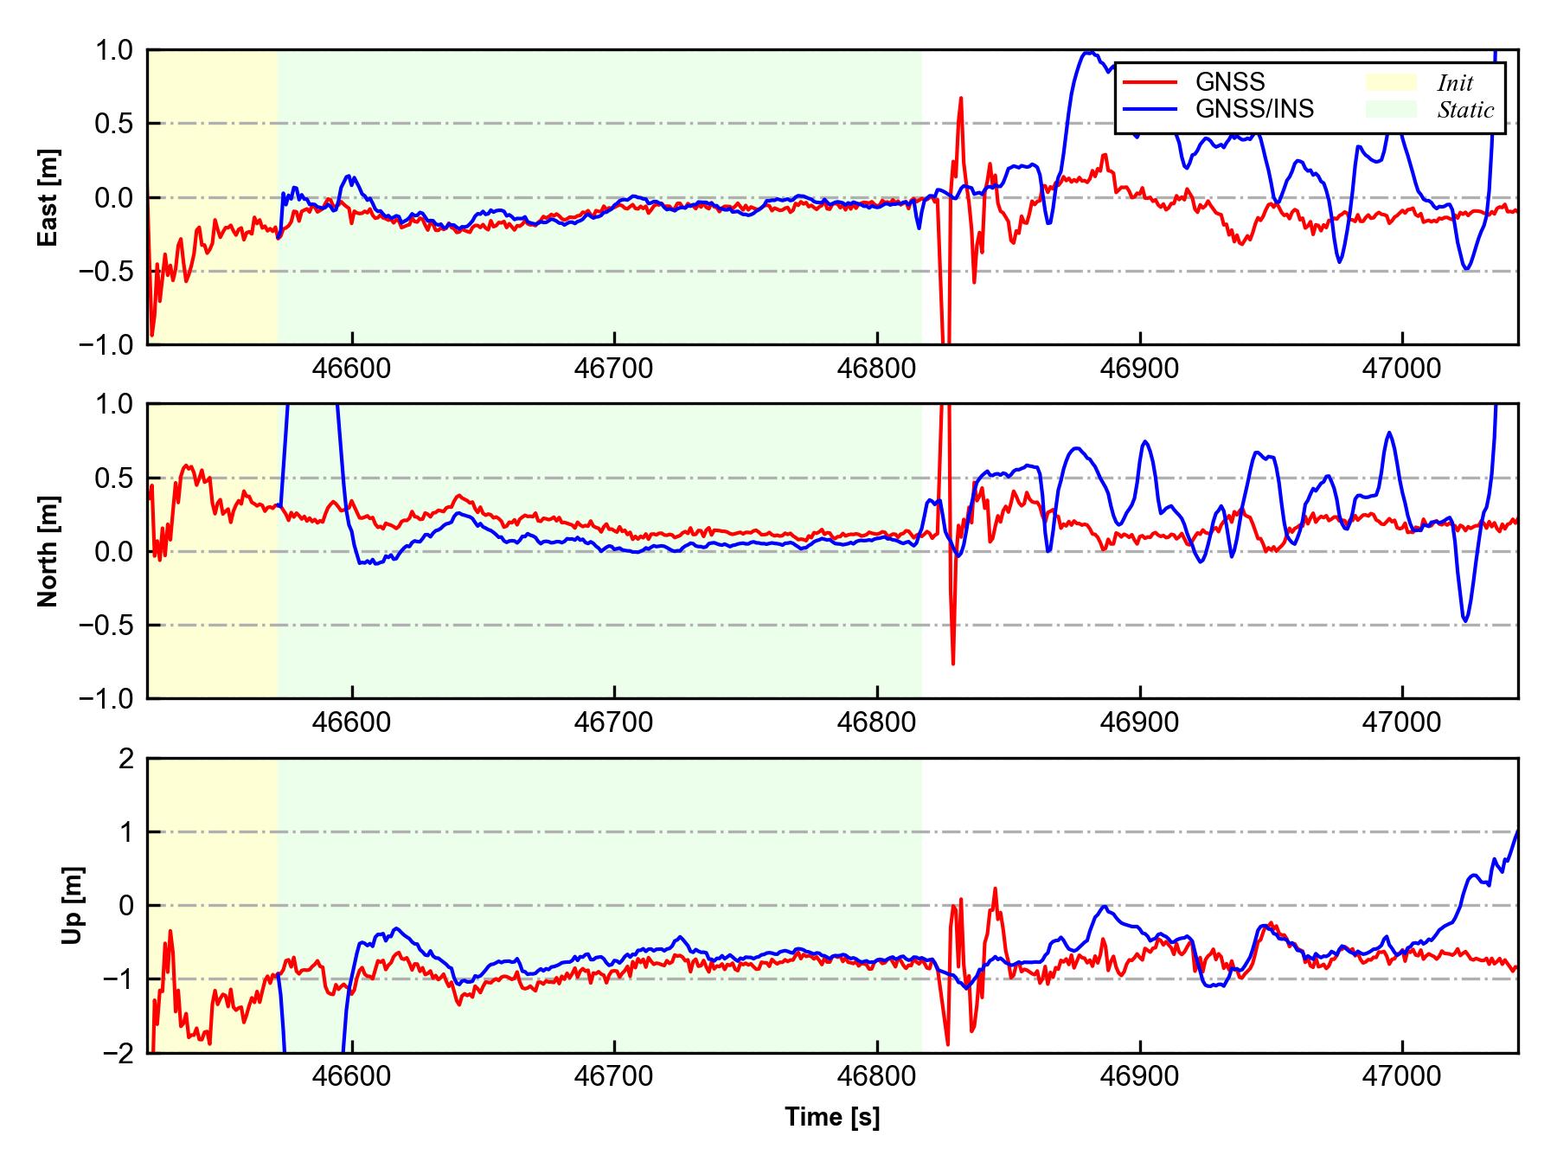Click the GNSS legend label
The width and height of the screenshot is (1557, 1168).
pos(1230,82)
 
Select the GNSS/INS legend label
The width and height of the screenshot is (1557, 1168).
pos(1254,109)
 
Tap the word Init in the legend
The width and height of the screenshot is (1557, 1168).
pos(1455,83)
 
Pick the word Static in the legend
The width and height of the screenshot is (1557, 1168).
pos(1465,110)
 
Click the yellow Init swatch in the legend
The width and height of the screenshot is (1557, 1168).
pos(1391,82)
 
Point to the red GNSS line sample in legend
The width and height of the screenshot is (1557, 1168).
pos(1150,82)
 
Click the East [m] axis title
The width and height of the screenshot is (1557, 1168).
pos(48,197)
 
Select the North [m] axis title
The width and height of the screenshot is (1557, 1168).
pos(48,551)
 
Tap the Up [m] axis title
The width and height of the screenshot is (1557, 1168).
pos(73,905)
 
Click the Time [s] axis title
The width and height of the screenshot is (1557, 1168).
pos(832,1117)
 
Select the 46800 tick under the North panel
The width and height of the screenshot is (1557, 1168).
pos(876,722)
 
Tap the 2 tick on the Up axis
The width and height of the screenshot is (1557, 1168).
pos(126,759)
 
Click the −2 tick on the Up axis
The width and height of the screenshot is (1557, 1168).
pos(119,1053)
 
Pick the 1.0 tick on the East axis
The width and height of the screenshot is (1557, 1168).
pos(114,50)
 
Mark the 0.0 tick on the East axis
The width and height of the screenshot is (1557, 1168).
pos(114,197)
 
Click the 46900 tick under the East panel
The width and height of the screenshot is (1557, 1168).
pos(1139,369)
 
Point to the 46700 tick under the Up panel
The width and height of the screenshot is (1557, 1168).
pos(614,1077)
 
